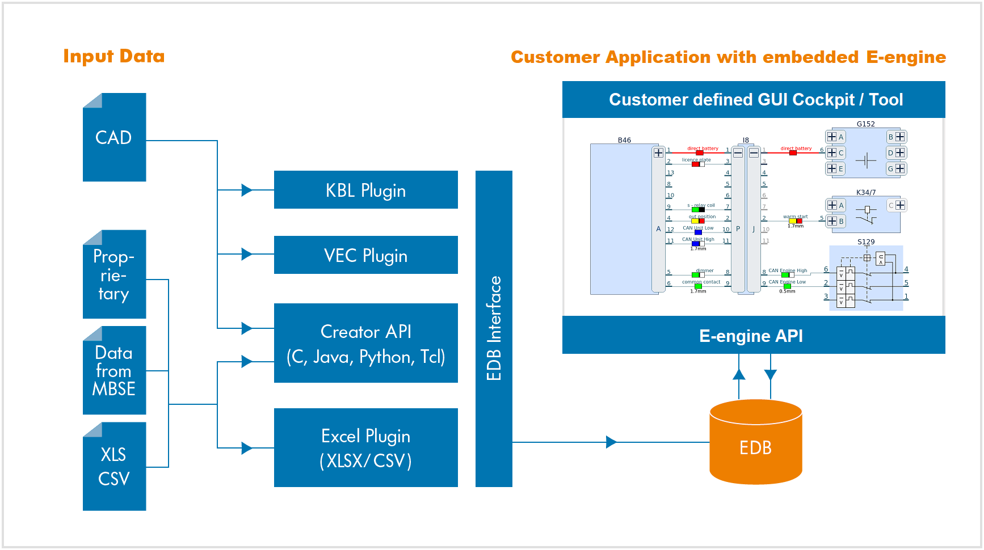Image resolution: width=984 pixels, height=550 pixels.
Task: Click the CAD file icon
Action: pyautogui.click(x=114, y=138)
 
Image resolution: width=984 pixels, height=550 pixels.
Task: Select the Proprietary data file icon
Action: pyautogui.click(x=114, y=275)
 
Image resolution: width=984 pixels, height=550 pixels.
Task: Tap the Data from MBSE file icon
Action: pyautogui.click(x=114, y=371)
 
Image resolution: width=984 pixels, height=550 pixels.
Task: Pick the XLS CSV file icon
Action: pyautogui.click(x=114, y=467)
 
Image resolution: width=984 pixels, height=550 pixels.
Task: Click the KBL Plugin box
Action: pyautogui.click(x=365, y=190)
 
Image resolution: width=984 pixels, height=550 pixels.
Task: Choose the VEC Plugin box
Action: pyautogui.click(x=365, y=255)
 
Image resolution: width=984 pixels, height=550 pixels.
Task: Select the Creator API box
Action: pyautogui.click(x=365, y=343)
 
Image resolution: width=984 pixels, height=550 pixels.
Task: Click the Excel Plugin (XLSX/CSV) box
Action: pyautogui.click(x=365, y=447)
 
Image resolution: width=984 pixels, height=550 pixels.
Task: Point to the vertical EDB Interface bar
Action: pyautogui.click(x=494, y=328)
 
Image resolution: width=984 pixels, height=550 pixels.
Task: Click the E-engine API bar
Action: pyautogui.click(x=753, y=336)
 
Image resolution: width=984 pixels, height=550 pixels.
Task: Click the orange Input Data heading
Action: pyautogui.click(x=114, y=56)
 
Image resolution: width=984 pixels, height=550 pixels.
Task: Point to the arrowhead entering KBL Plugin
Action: pyautogui.click(x=247, y=190)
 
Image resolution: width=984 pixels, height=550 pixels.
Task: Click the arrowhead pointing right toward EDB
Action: pyautogui.click(x=611, y=442)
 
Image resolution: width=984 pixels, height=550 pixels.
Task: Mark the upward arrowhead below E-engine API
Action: pyautogui.click(x=739, y=374)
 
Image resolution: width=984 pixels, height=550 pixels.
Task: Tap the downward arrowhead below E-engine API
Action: pyautogui.click(x=770, y=375)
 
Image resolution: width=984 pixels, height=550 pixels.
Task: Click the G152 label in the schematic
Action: pyautogui.click(x=865, y=124)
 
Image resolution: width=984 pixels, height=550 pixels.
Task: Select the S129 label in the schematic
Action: pyautogui.click(x=865, y=242)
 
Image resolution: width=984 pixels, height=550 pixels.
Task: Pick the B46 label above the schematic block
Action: pyautogui.click(x=624, y=140)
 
